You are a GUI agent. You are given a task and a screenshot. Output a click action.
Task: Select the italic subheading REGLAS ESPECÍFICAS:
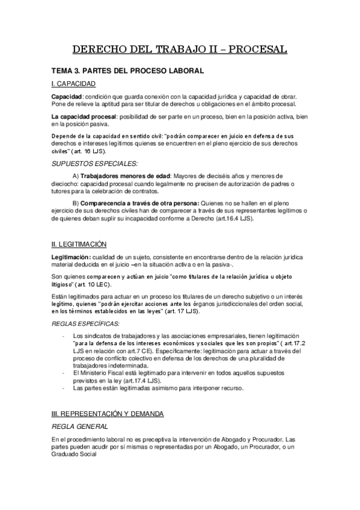point(86,324)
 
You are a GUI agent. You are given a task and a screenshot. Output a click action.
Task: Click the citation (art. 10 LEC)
point(92,283)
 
